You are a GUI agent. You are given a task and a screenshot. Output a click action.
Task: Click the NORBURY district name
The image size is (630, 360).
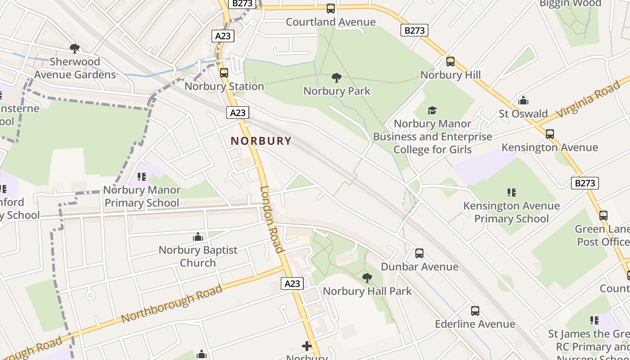pyautogui.click(x=261, y=141)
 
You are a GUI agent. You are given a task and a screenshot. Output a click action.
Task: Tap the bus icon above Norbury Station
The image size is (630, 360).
pyautogui.click(x=224, y=72)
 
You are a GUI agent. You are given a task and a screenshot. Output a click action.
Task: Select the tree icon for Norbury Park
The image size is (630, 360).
pyautogui.click(x=336, y=78)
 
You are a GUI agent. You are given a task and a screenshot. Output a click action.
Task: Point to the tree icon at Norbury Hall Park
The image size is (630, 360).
pyautogui.click(x=367, y=278)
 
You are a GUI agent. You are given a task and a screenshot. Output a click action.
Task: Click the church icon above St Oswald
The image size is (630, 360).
pyautogui.click(x=523, y=100)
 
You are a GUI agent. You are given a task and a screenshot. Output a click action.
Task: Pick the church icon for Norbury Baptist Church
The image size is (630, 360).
pyautogui.click(x=198, y=237)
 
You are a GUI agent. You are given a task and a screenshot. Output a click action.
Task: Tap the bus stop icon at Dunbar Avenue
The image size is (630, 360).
pyautogui.click(x=419, y=253)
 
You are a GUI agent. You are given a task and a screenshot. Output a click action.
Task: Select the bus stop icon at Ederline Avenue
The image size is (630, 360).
pyautogui.click(x=475, y=311)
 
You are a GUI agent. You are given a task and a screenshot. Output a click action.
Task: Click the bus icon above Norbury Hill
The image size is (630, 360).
pyautogui.click(x=450, y=62)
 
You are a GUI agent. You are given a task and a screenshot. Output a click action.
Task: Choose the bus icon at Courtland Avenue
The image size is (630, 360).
pyautogui.click(x=331, y=9)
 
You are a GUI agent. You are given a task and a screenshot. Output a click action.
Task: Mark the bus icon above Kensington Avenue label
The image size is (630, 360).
pyautogui.click(x=549, y=134)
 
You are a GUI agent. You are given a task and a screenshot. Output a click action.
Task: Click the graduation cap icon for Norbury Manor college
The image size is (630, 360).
pyautogui.click(x=432, y=110)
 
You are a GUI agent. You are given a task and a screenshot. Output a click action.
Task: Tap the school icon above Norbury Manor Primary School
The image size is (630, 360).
pyautogui.click(x=142, y=177)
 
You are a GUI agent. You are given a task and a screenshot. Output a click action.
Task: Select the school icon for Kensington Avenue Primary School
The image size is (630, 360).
pyautogui.click(x=512, y=193)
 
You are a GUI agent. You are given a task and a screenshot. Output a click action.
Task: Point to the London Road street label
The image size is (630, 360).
pyautogui.click(x=272, y=219)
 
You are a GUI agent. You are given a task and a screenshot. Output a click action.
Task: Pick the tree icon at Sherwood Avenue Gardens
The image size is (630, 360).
pyautogui.click(x=75, y=48)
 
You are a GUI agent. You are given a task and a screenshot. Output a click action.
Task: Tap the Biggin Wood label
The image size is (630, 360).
pyautogui.click(x=570, y=4)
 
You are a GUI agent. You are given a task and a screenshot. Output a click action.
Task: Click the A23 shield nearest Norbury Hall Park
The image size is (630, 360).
pyautogui.click(x=292, y=283)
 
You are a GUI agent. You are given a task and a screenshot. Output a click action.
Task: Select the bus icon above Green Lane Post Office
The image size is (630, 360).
pyautogui.click(x=603, y=216)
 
